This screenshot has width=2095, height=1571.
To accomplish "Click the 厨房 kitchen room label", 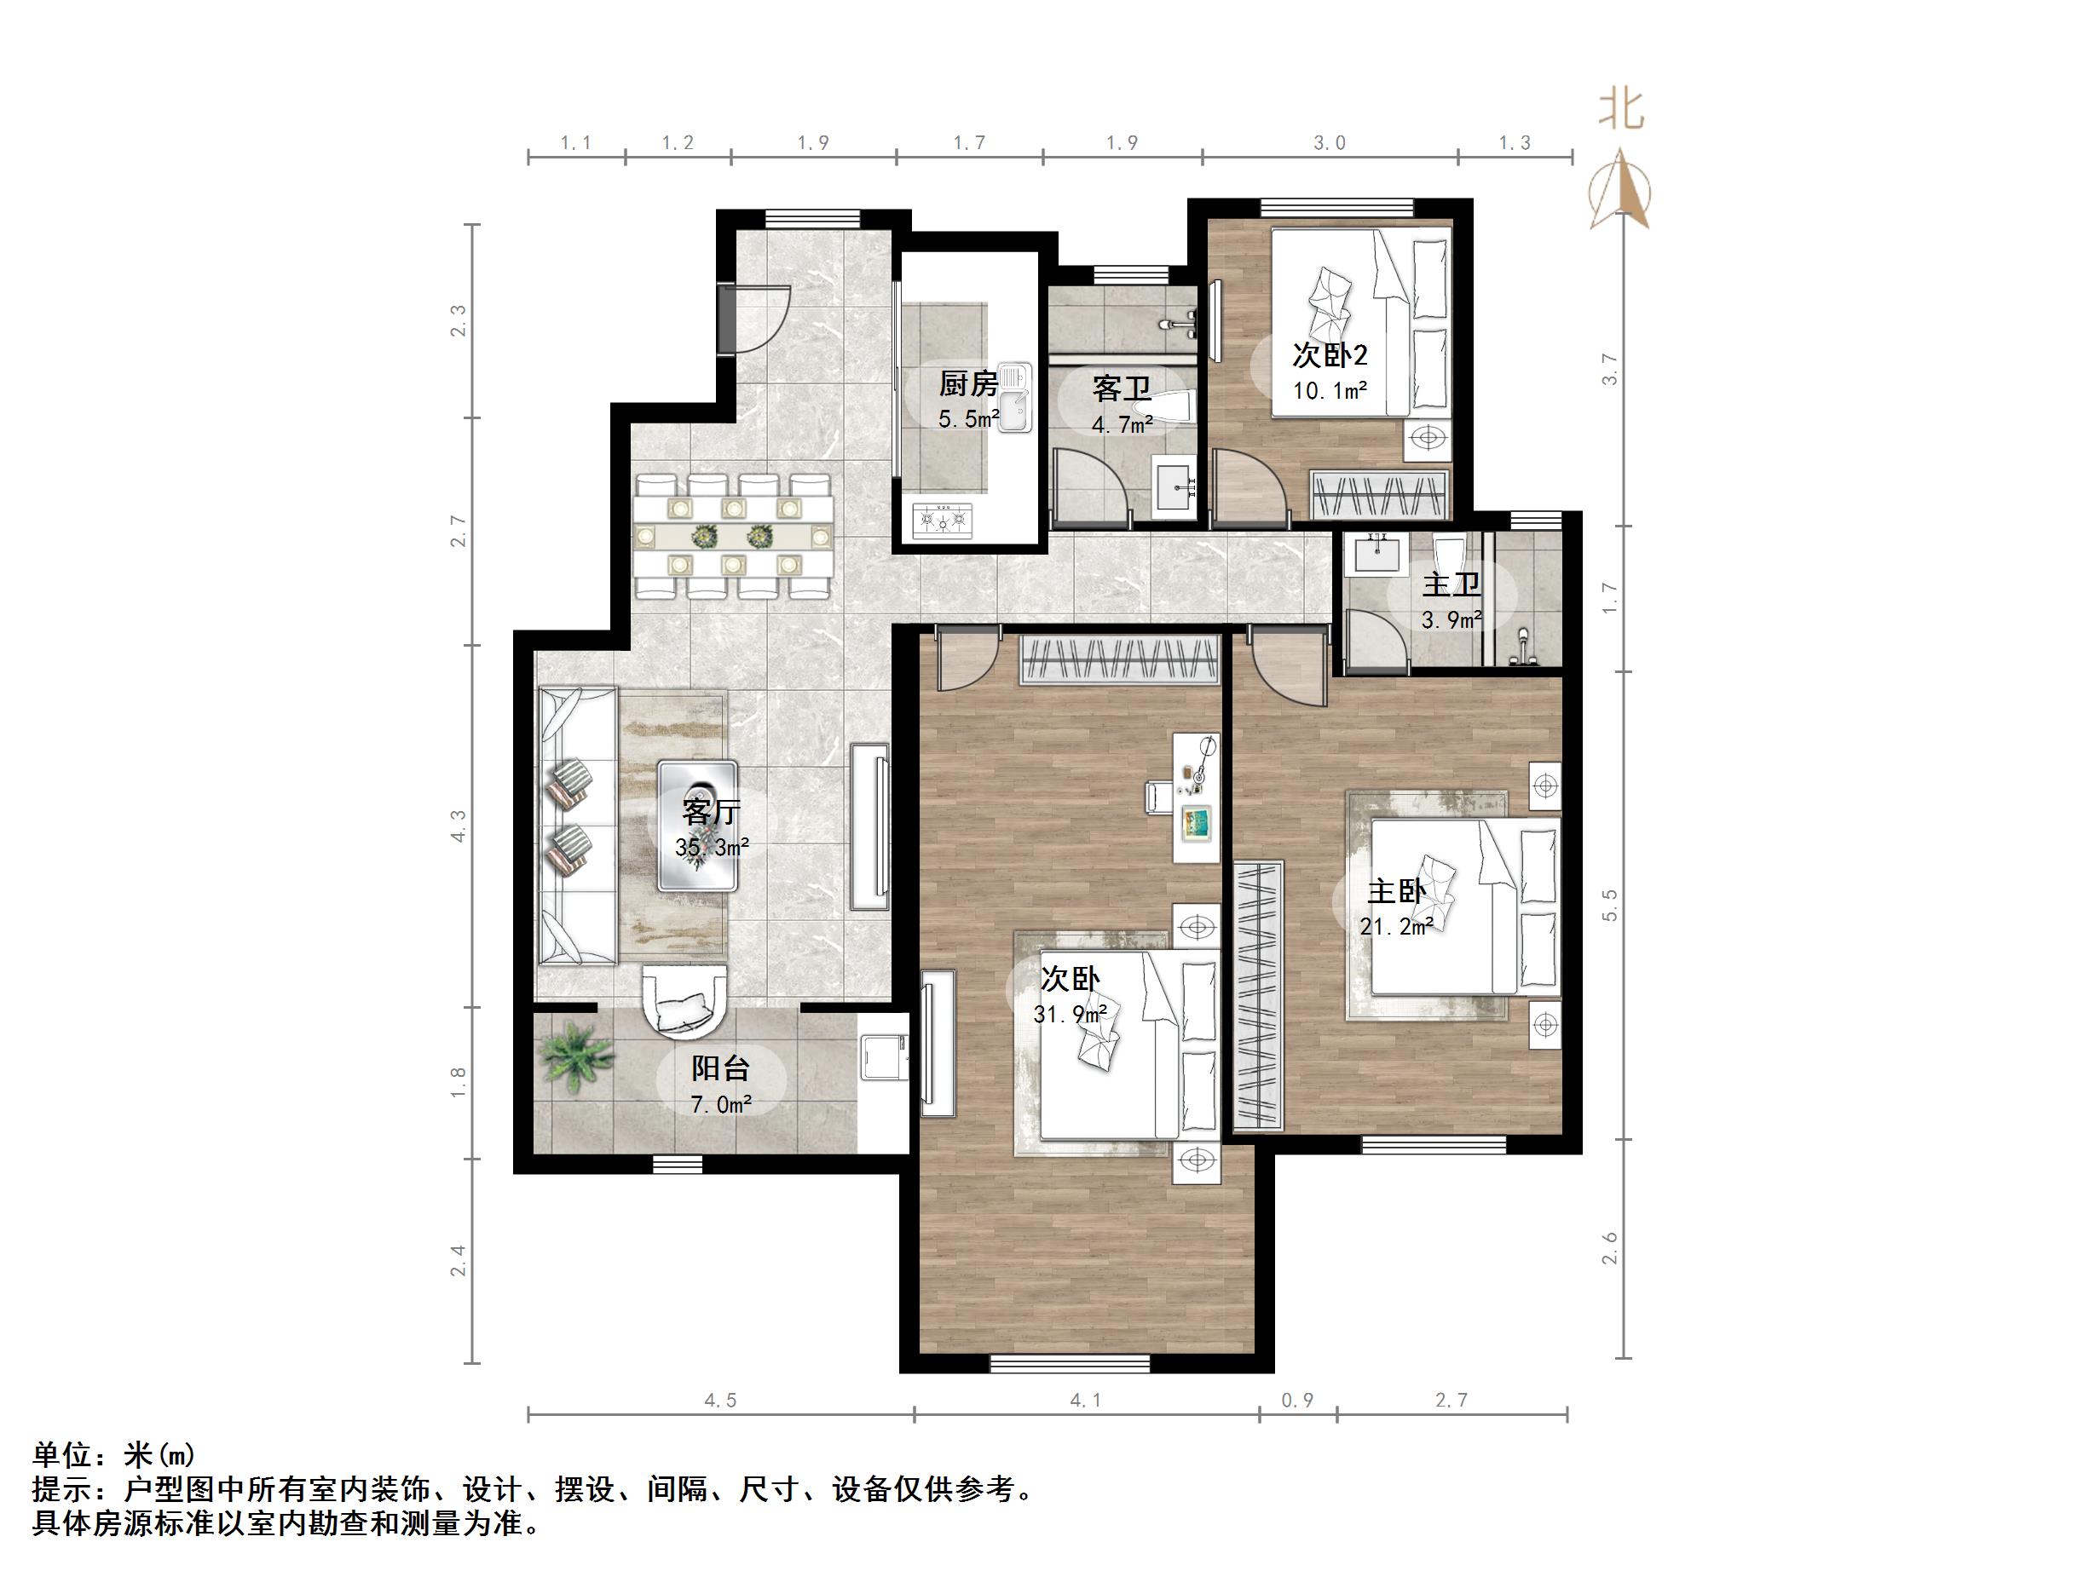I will click(x=968, y=384).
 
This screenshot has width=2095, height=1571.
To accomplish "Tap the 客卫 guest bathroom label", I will click(x=1122, y=388).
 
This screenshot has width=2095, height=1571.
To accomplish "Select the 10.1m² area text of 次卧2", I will click(x=1330, y=390).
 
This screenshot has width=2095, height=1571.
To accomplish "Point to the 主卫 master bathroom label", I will click(x=1451, y=584).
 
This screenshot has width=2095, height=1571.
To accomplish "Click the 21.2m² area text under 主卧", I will click(x=1395, y=927).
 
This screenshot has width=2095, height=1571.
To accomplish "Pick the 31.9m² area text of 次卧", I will click(x=1071, y=1014).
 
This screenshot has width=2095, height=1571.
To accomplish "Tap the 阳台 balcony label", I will click(x=720, y=1068).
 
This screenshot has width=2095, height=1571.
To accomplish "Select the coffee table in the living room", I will click(x=698, y=825).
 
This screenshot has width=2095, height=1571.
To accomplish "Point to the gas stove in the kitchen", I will click(x=943, y=519).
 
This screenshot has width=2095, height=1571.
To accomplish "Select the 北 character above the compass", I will click(x=1620, y=110).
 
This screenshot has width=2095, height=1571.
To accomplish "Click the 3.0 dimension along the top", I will click(x=1329, y=143).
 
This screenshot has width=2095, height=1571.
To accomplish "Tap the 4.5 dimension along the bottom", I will click(x=720, y=1401).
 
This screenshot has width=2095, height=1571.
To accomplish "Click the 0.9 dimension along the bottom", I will click(x=1296, y=1401).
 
